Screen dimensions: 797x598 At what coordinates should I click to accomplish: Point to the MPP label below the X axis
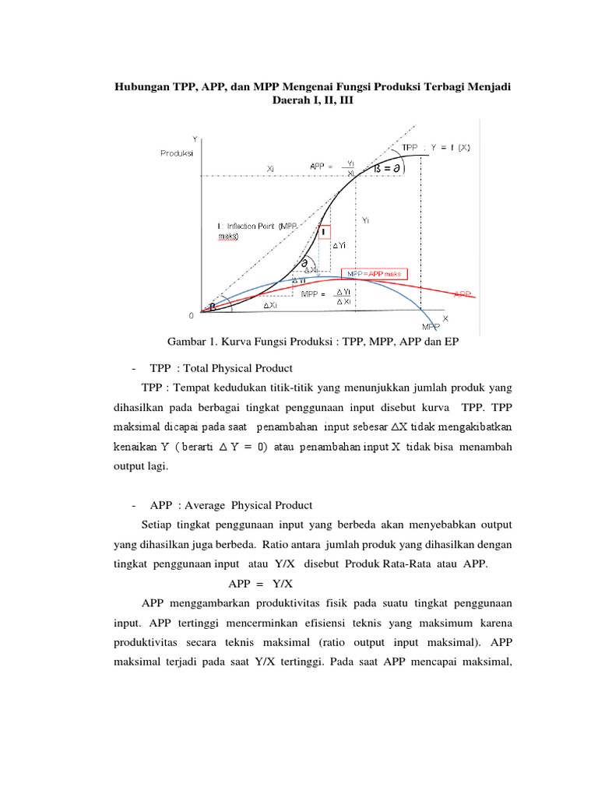(x=431, y=326)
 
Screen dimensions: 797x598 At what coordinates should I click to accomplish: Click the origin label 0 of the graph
(x=191, y=316)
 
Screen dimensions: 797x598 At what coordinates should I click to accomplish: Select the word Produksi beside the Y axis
(x=178, y=153)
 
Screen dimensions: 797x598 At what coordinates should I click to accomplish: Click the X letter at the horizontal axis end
(x=445, y=318)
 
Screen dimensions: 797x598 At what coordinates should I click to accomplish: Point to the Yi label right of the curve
(x=367, y=221)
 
